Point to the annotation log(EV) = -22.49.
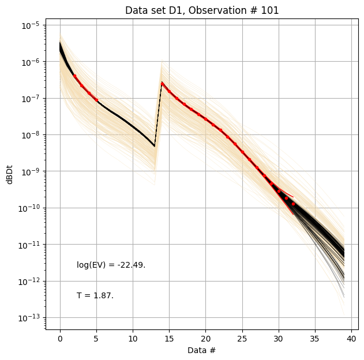point(111,265)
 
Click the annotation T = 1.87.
point(95,295)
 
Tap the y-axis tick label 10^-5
point(31,25)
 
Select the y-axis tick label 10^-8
point(31,135)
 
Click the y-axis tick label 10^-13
point(29,318)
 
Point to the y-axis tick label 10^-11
point(29,245)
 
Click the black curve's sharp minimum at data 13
point(155,146)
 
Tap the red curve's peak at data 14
point(162,82)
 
